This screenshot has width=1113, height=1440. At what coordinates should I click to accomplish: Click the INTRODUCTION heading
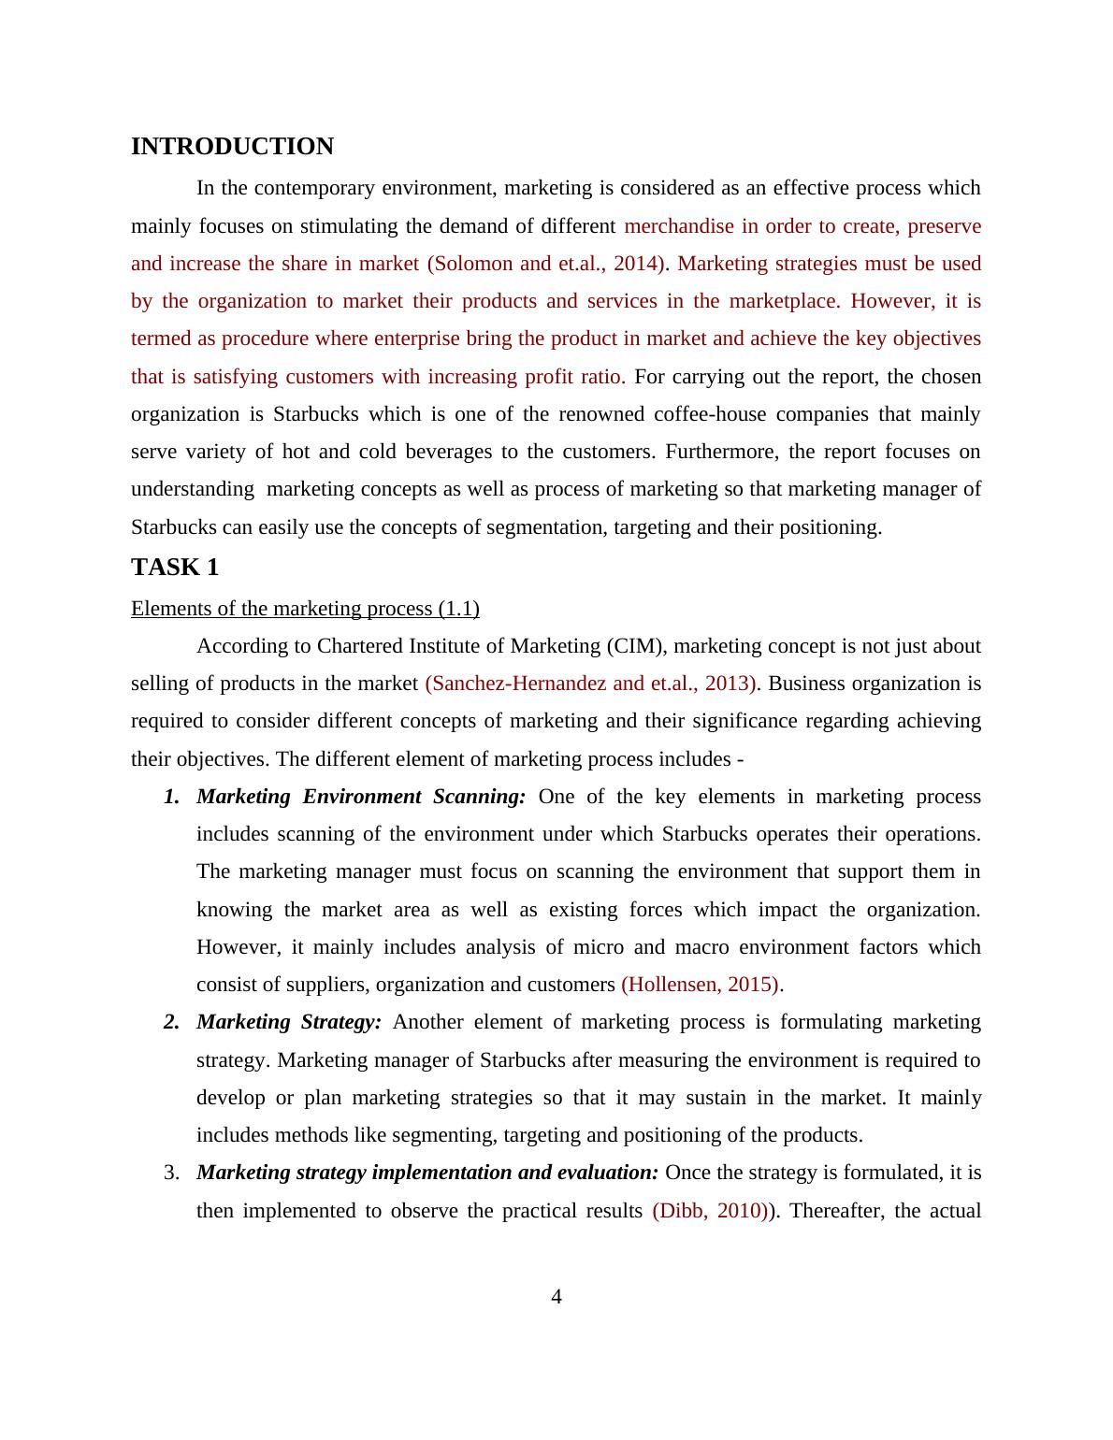232,147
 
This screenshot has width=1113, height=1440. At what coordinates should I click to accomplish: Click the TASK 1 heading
175,568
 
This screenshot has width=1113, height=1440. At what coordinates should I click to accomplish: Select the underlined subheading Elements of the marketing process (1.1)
305,609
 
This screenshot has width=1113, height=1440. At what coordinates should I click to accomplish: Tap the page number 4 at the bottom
556,1297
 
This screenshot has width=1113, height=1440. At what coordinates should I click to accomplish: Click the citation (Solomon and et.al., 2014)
547,264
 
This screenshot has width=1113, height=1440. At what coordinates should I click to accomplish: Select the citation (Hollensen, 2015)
701,985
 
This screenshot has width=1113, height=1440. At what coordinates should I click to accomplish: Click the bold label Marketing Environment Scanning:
361,797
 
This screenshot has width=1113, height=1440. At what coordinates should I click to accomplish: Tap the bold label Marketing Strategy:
289,1022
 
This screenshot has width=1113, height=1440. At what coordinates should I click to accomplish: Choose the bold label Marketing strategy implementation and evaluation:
427,1173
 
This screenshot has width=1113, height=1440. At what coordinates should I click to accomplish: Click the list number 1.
171,797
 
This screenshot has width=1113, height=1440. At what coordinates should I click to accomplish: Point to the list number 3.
171,1173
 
